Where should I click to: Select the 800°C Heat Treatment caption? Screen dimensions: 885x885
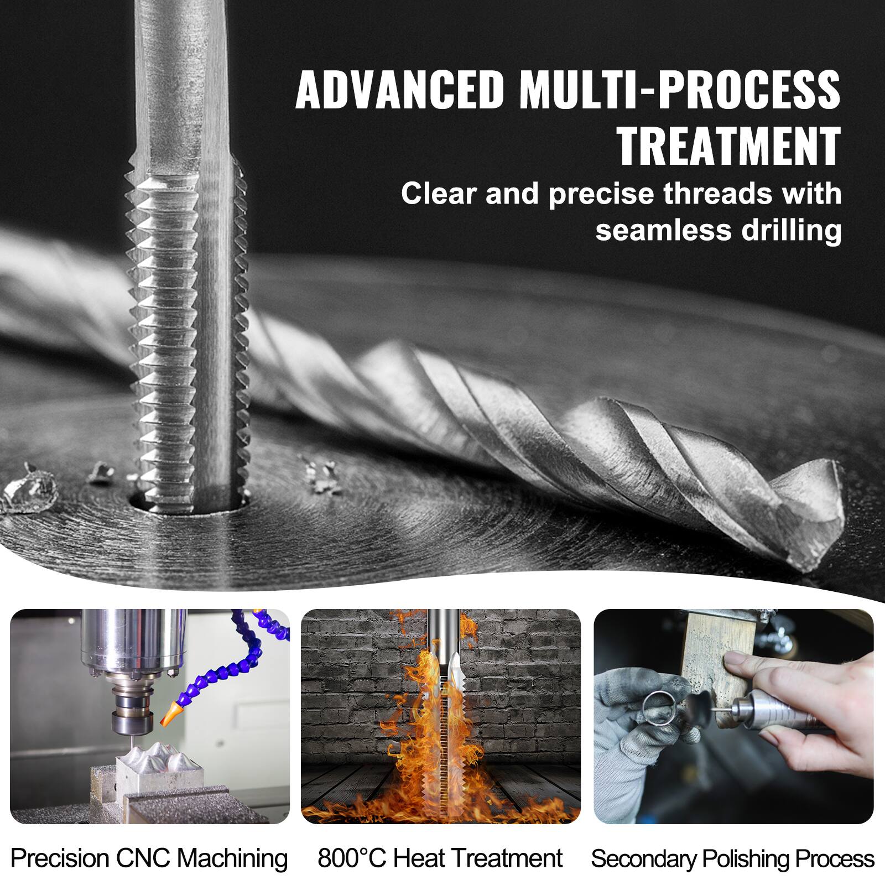(x=440, y=858)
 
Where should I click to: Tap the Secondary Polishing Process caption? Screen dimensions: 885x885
(x=733, y=858)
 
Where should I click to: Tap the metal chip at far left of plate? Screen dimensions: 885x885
(x=30, y=492)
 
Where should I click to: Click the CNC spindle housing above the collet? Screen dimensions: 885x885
(x=108, y=642)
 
